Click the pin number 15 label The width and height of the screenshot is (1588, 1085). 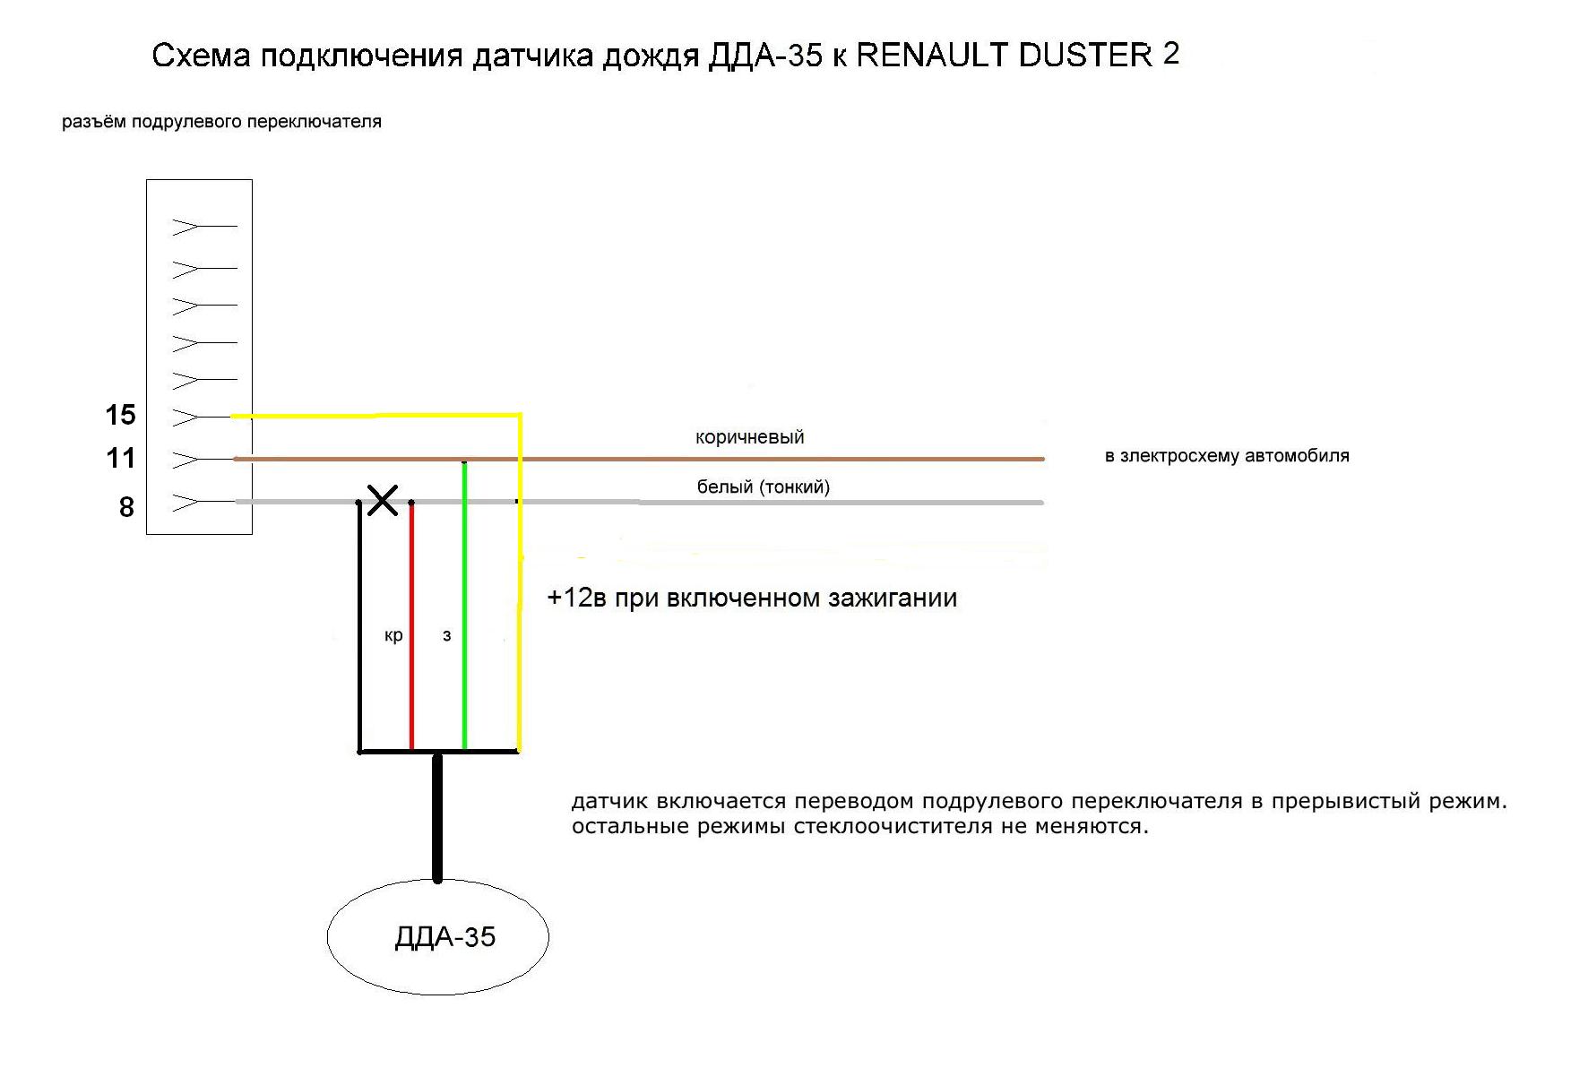coord(120,415)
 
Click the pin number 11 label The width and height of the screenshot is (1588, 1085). coord(120,458)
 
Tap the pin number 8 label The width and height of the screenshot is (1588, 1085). coord(126,507)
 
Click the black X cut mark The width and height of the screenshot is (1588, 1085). coord(384,501)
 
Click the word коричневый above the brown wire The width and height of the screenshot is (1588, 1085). coord(749,437)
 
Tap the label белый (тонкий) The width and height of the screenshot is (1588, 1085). coord(764,487)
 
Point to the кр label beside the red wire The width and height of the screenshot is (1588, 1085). coord(393,635)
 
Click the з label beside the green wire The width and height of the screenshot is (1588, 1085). coord(446,636)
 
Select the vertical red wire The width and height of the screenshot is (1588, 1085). coord(411,625)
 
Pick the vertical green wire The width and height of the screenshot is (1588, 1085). coord(464,605)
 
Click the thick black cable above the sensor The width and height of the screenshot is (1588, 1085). coord(437,817)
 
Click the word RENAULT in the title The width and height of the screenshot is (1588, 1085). coord(933,56)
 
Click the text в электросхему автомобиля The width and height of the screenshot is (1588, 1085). coord(1227,456)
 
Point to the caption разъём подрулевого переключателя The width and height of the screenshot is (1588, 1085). coord(221,122)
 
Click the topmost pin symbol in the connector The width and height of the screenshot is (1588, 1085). coord(204,227)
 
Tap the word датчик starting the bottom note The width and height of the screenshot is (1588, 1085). coord(608,801)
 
